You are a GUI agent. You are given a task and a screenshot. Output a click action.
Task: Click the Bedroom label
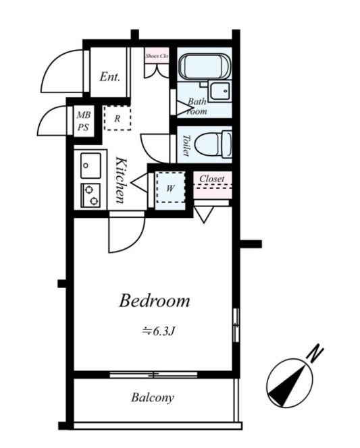click(x=155, y=301)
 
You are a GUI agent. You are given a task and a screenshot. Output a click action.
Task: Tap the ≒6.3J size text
click(x=159, y=331)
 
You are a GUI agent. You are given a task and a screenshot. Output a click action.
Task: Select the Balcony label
click(x=153, y=397)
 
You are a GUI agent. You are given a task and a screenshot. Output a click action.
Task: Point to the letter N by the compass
click(x=315, y=354)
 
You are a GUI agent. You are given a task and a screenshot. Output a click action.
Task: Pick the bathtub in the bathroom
click(x=205, y=66)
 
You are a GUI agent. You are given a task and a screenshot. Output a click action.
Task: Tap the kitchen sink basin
click(x=91, y=165)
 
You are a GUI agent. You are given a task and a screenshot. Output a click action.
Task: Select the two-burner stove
click(x=91, y=196)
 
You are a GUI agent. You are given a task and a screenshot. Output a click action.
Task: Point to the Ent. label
click(x=110, y=76)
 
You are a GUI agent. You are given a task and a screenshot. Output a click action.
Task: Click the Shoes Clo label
click(x=157, y=56)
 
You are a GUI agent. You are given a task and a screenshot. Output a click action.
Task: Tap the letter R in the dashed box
click(x=118, y=119)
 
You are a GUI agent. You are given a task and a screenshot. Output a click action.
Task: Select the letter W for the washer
click(x=170, y=188)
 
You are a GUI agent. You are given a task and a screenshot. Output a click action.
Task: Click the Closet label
click(x=212, y=179)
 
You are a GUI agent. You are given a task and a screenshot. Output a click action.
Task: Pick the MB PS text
click(x=84, y=121)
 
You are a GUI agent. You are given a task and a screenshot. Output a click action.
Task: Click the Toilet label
click(x=186, y=146)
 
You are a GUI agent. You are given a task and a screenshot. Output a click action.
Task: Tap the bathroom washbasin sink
click(x=220, y=91)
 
